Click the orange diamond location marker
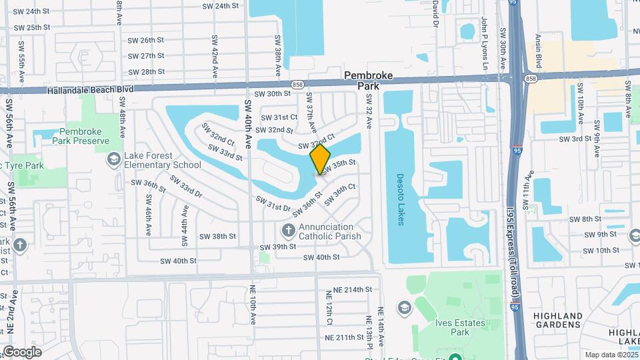click(x=320, y=159)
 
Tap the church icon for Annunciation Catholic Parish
click(x=289, y=231)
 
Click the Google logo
click(x=21, y=351)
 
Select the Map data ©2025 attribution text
click(x=611, y=355)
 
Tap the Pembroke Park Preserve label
click(x=84, y=137)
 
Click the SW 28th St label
click(x=146, y=72)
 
